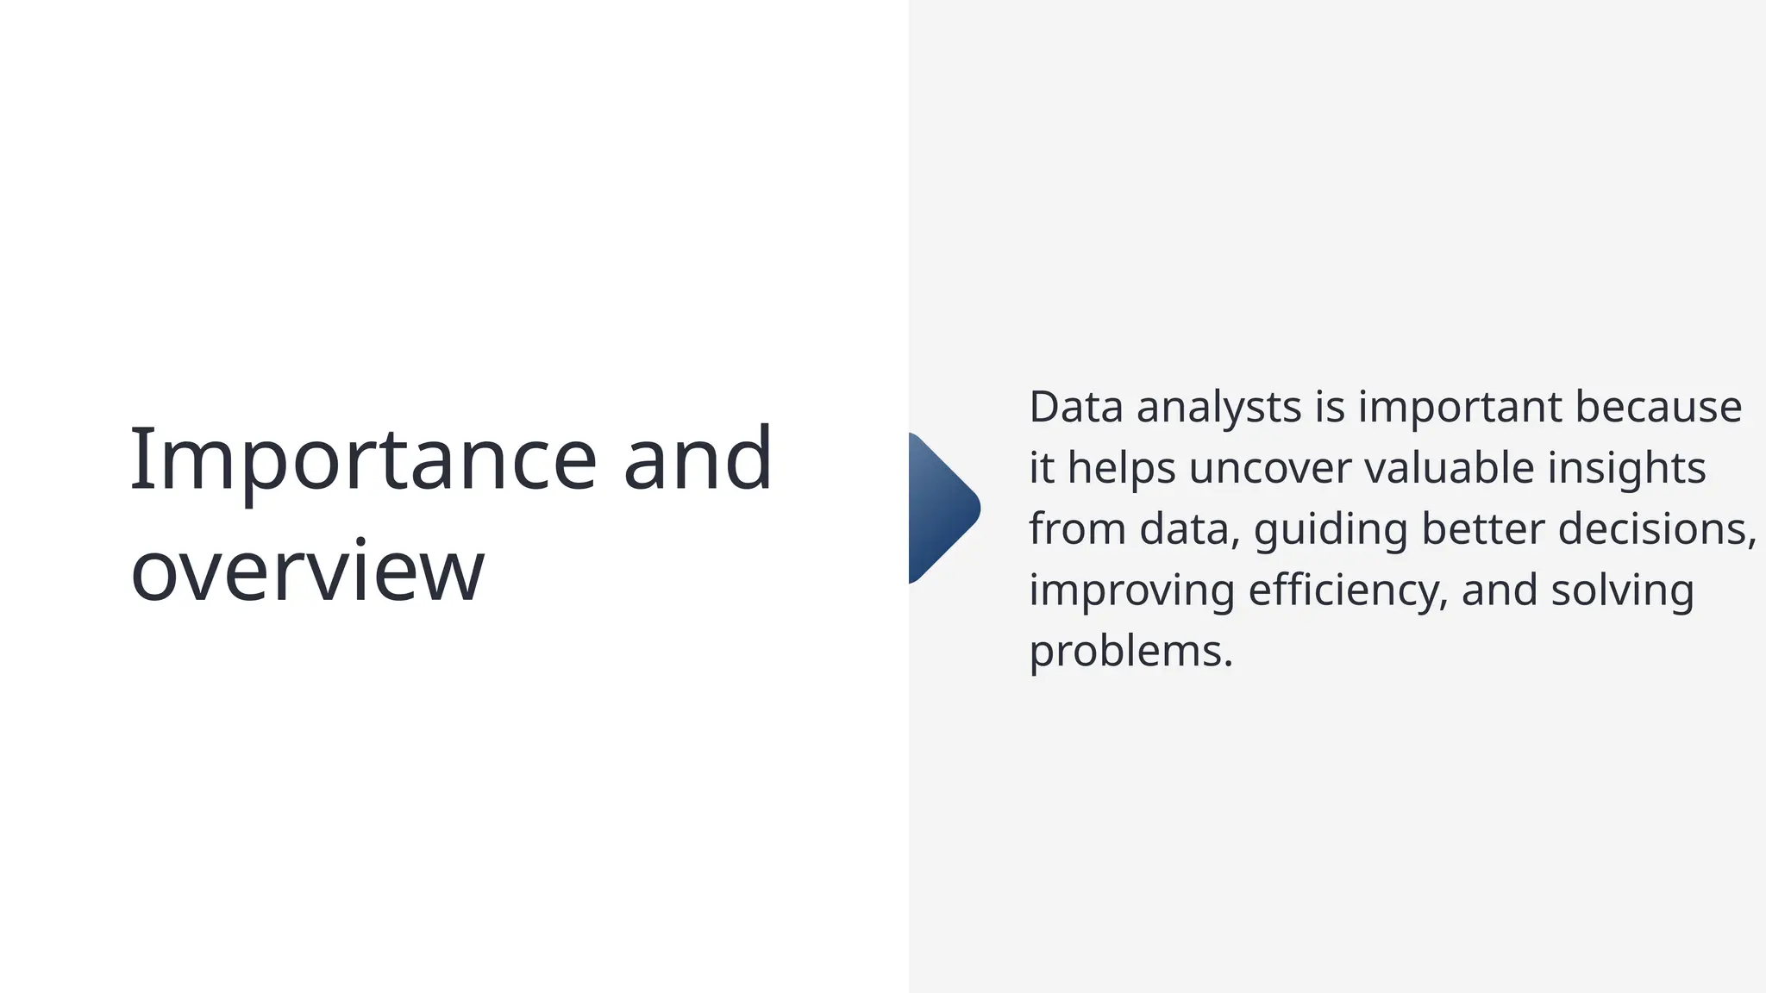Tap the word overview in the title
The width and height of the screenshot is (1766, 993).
pos(307,571)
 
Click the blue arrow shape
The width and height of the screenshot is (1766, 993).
pos(942,509)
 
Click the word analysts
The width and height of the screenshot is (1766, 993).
pos(1218,407)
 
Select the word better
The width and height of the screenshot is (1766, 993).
pos(1482,528)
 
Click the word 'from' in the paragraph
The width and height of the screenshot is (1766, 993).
pos(1077,528)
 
